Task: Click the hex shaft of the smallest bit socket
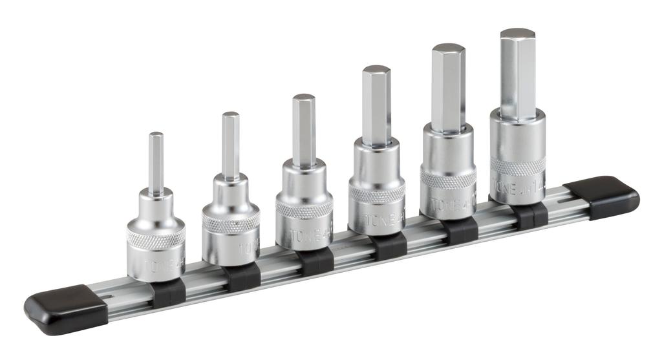[156, 162]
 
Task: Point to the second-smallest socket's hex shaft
[231, 145]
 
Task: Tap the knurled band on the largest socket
[517, 167]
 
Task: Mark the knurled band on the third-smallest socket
[304, 207]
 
